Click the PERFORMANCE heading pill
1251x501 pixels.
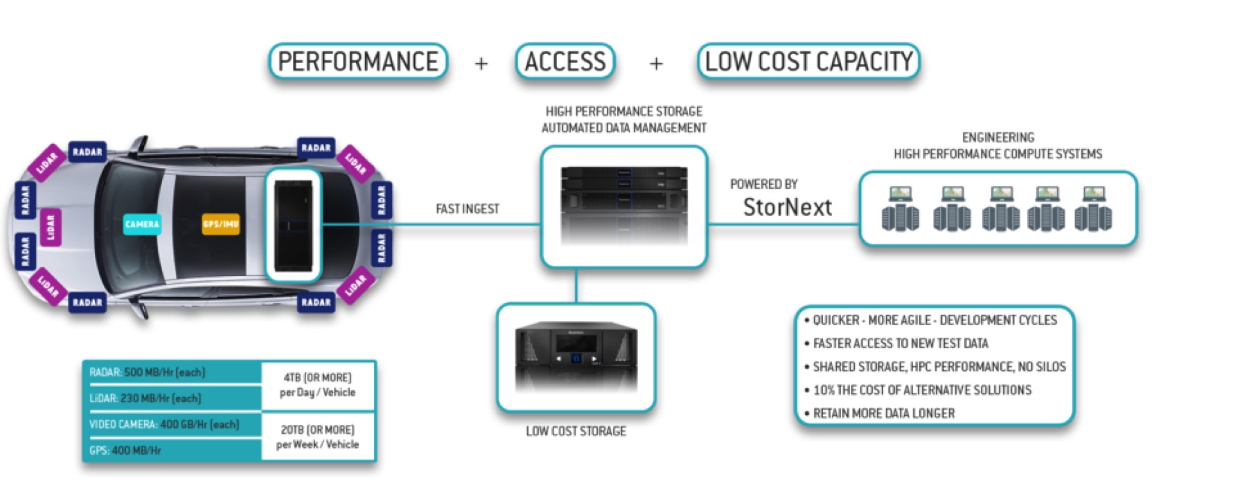[358, 62]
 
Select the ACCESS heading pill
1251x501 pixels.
[565, 62]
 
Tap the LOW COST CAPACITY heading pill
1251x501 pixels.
[808, 62]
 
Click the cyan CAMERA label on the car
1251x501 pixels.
[142, 224]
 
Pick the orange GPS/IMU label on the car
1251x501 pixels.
[221, 224]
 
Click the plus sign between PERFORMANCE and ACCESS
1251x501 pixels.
[481, 64]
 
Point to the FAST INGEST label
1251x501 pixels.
[467, 209]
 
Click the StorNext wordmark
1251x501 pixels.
[787, 207]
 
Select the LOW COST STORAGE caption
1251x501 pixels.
[576, 431]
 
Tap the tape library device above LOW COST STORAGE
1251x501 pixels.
[576, 356]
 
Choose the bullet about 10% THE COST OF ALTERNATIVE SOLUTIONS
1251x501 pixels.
[921, 390]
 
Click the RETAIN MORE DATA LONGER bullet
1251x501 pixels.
[883, 414]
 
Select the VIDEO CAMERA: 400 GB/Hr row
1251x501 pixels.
[164, 424]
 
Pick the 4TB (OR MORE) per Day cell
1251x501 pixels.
[317, 385]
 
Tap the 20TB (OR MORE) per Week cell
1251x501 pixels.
[317, 437]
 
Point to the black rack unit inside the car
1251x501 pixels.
[293, 225]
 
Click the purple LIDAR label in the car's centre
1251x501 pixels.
[50, 226]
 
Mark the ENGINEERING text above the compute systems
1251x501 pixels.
[997, 138]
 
